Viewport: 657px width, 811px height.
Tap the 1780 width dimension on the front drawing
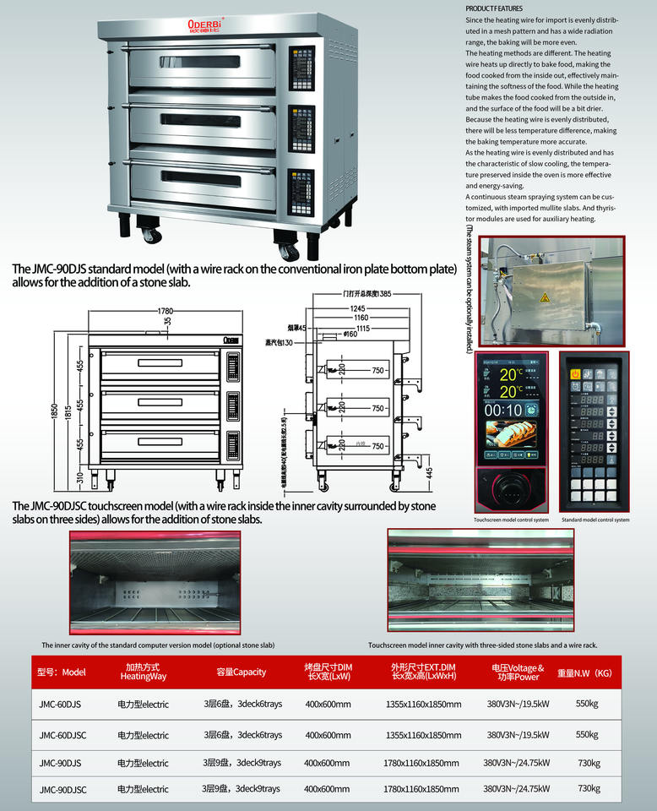point(165,312)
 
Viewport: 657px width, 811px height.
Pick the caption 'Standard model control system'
point(595,520)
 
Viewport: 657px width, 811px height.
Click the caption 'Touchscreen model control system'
point(511,520)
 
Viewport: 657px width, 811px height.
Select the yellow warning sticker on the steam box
point(544,297)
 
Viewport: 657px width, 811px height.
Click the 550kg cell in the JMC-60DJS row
point(587,704)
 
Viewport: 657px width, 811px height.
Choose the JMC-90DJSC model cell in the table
point(62,788)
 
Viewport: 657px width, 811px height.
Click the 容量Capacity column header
point(241,672)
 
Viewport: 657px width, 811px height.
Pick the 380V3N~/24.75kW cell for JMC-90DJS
point(516,763)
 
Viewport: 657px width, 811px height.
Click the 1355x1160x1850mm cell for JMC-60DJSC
point(423,735)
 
